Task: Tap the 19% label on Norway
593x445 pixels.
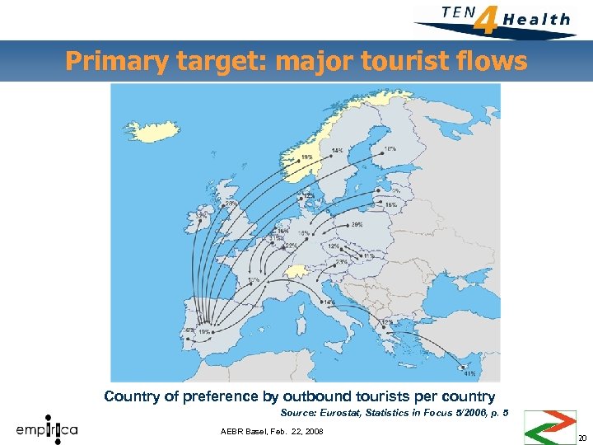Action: click(306, 157)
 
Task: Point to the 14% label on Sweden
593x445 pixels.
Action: click(338, 150)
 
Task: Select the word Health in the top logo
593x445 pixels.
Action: click(536, 19)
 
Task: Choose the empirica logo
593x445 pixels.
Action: click(47, 429)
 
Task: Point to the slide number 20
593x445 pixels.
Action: click(582, 438)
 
